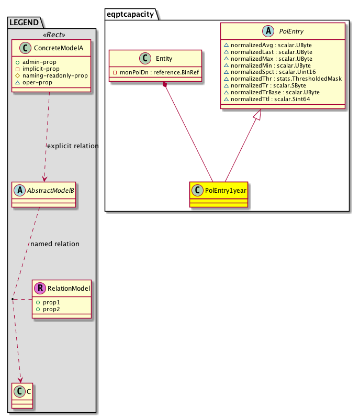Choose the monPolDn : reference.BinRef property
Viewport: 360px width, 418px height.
(155, 72)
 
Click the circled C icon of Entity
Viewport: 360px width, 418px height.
(142, 59)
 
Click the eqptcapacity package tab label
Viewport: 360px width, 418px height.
(131, 14)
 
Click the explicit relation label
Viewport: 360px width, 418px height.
(72, 146)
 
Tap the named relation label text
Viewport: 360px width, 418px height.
(55, 244)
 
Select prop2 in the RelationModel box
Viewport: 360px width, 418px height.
(52, 309)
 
